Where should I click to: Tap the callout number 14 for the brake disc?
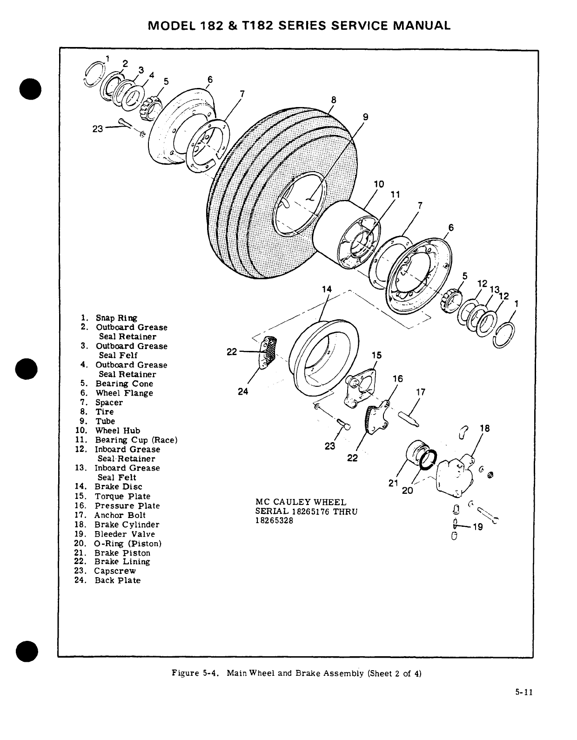(x=327, y=289)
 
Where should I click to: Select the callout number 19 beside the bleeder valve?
(x=477, y=527)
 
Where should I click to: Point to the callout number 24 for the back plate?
(x=243, y=391)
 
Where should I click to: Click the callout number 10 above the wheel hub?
(x=379, y=184)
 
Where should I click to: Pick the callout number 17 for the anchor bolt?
(x=420, y=392)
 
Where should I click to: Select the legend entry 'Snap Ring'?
(x=116, y=318)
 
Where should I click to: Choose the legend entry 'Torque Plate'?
(x=122, y=497)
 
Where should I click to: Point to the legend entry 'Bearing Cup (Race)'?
(x=136, y=440)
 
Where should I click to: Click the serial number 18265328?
(x=274, y=521)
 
